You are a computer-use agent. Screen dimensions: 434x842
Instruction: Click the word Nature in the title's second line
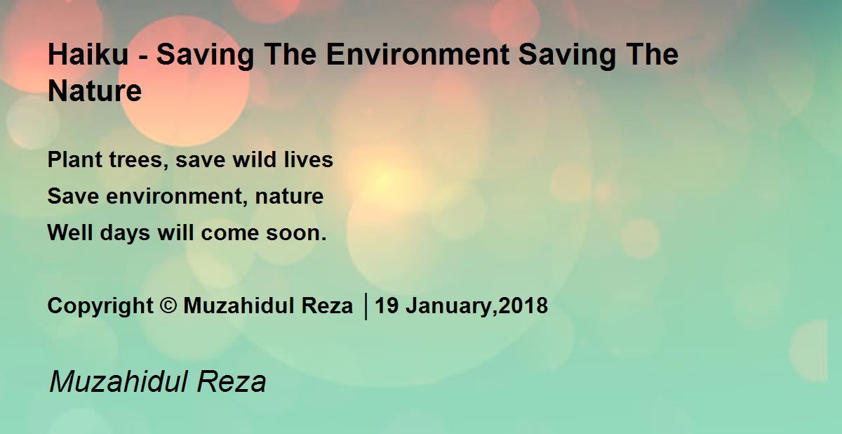click(95, 92)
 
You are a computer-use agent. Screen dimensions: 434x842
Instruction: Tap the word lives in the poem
click(309, 161)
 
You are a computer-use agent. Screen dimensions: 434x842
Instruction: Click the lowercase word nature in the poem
click(289, 197)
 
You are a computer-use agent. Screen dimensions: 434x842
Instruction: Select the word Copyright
click(100, 307)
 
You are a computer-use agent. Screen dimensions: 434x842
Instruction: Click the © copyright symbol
click(168, 307)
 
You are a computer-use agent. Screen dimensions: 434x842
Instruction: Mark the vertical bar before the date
click(366, 307)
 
